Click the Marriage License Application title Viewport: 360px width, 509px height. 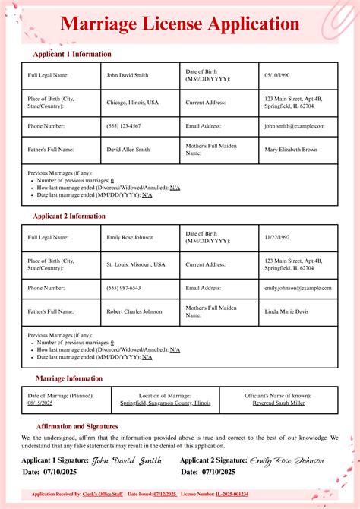179,24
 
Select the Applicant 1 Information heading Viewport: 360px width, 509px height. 72,55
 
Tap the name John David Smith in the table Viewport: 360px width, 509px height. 128,75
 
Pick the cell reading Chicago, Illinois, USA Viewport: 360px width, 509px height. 133,102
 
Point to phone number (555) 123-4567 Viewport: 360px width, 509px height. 124,126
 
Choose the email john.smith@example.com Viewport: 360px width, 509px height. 295,126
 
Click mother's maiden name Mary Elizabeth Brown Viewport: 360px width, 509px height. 291,150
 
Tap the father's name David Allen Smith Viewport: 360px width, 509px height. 128,150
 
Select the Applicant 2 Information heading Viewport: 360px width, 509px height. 69,217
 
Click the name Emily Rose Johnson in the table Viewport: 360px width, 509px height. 130,237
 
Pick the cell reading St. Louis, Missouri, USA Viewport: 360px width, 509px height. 136,264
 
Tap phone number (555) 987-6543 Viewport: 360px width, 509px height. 124,288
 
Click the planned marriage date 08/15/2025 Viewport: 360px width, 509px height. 40,403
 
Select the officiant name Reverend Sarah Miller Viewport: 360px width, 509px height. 279,403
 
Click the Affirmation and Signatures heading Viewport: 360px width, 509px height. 77,427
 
